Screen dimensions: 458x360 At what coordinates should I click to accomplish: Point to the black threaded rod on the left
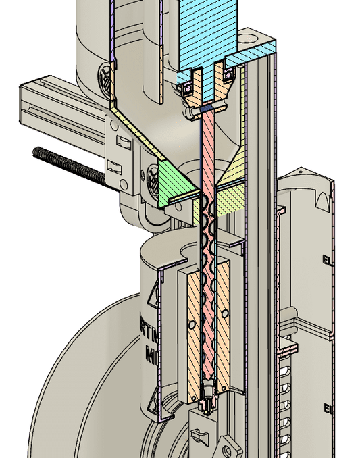tap(68, 165)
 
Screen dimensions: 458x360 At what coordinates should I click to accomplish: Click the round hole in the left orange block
tap(192, 326)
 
